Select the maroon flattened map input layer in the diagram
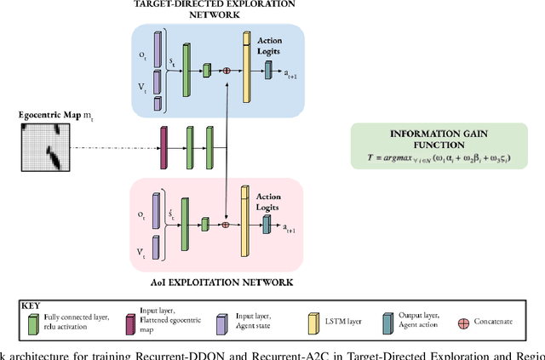click(x=163, y=146)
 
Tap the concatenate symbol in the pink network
click(x=226, y=225)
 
